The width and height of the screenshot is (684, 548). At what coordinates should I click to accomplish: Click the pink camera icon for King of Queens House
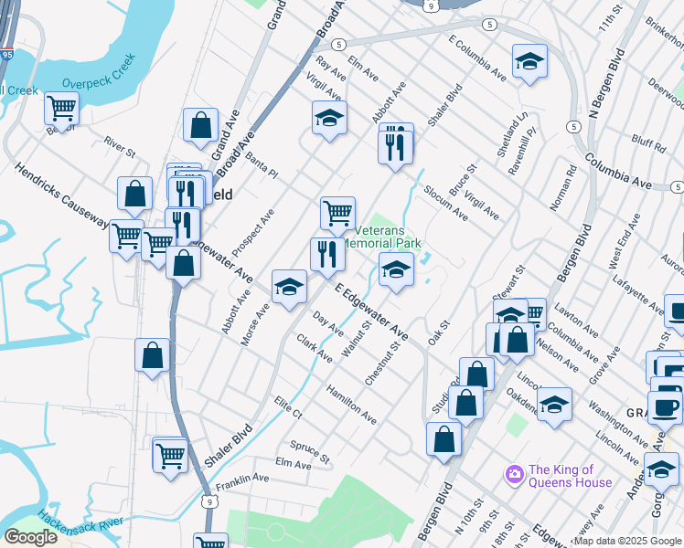pyautogui.click(x=514, y=474)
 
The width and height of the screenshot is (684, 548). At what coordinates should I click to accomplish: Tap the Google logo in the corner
pyautogui.click(x=30, y=538)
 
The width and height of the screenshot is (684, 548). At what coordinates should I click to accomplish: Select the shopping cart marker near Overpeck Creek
pyautogui.click(x=61, y=108)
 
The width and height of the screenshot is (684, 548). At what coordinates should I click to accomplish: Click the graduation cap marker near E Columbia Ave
pyautogui.click(x=529, y=61)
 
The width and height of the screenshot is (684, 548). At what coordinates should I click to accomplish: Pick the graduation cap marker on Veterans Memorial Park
pyautogui.click(x=396, y=269)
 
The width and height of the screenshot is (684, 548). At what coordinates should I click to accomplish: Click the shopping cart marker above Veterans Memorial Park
pyautogui.click(x=337, y=213)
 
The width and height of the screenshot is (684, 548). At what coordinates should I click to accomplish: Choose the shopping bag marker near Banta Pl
pyautogui.click(x=200, y=125)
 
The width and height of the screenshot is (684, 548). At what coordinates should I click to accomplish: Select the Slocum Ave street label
pyautogui.click(x=445, y=203)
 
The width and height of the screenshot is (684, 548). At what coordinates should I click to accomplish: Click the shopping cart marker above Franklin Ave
pyautogui.click(x=170, y=454)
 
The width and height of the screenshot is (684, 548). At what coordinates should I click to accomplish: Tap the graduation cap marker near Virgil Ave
pyautogui.click(x=329, y=118)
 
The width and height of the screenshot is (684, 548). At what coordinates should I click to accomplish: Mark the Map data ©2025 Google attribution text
pyautogui.click(x=627, y=541)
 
